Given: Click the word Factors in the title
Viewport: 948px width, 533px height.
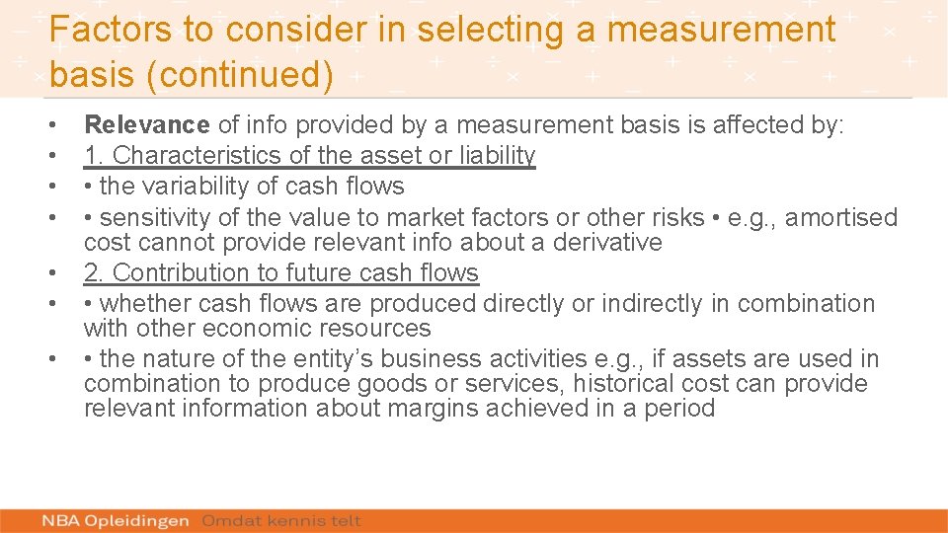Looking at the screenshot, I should tap(110, 30).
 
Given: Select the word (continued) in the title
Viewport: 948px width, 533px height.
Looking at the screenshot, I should tap(240, 75).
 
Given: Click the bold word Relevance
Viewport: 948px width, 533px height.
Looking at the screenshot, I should tap(147, 124).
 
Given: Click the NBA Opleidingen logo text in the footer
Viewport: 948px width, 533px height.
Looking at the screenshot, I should tap(117, 520).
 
